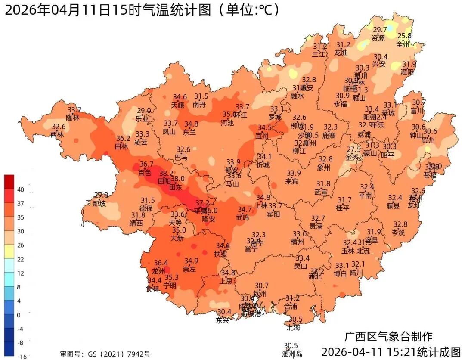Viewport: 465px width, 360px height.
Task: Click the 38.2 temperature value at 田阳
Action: pos(166,174)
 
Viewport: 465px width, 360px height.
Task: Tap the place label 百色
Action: pos(144,172)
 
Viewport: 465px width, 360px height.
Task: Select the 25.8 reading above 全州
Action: pos(404,36)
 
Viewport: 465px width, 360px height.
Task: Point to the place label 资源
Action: pos(378,38)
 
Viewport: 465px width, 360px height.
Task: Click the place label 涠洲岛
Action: pos(292,354)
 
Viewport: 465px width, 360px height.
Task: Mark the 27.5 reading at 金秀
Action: pos(354,149)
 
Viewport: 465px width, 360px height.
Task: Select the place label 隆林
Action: pos(73,117)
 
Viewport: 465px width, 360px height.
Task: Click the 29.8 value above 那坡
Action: pos(101,195)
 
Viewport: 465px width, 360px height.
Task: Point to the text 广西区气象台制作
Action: pos(389,336)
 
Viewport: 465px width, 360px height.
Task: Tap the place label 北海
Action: pos(294,327)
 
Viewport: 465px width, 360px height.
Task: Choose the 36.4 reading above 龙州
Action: pos(161,263)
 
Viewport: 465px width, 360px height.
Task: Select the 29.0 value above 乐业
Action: pos(144,111)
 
